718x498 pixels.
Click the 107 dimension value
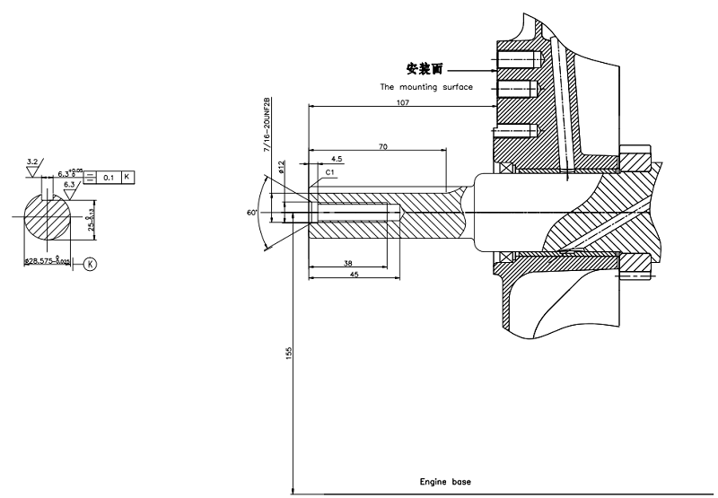click(401, 103)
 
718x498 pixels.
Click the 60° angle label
click(253, 212)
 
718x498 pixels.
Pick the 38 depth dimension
click(346, 264)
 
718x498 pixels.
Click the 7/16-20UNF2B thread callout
click(267, 125)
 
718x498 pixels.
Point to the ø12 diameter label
click(281, 164)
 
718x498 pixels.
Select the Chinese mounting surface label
click(425, 68)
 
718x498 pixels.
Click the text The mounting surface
click(426, 87)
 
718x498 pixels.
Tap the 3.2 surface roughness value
click(33, 162)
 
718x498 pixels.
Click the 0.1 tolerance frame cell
click(109, 177)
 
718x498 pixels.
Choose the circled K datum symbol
click(91, 264)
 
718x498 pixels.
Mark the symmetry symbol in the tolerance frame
click(92, 177)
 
